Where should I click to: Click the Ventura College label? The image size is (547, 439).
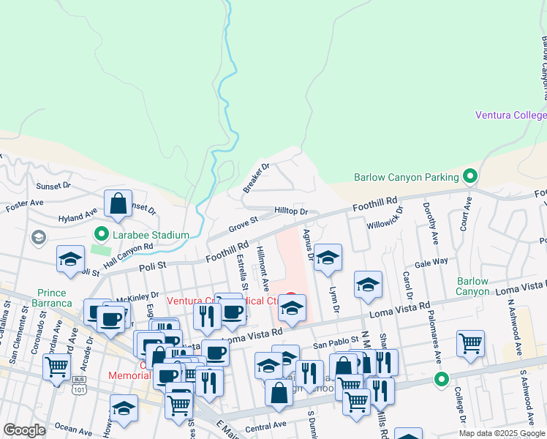coord(510,115)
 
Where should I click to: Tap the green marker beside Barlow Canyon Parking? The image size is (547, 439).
coord(470,176)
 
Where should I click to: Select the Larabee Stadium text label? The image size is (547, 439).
coord(151,235)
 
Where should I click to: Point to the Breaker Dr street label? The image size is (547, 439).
coord(257,178)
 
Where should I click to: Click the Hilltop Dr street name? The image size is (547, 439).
coord(291,211)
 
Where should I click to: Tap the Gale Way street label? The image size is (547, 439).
coord(431,261)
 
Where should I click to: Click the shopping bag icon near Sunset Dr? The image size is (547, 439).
coord(118,204)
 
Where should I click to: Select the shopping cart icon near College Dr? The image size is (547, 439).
coord(470,344)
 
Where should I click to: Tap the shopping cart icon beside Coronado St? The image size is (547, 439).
coord(56,367)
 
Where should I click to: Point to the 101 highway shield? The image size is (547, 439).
coord(78,383)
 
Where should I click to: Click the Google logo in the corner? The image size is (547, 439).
coord(24,430)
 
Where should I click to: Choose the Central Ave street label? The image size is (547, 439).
coord(265,424)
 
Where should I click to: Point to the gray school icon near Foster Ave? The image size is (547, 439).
coord(37,237)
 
